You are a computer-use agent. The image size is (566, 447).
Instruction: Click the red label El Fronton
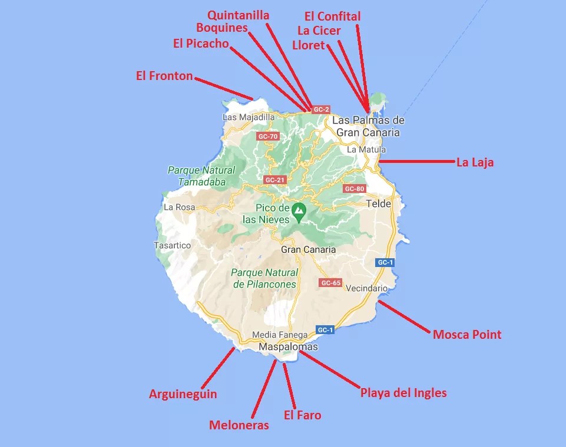pos(164,76)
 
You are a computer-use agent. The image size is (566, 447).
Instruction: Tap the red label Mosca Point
pos(467,335)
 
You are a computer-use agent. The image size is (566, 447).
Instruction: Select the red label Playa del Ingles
pos(403,392)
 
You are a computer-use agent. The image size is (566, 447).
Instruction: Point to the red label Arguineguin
pos(183,394)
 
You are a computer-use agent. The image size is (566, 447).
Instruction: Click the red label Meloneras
pos(239,425)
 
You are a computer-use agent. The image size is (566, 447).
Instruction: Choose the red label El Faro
pos(302,415)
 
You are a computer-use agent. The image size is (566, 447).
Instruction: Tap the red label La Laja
pos(475,162)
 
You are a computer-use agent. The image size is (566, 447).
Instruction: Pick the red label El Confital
pos(332,16)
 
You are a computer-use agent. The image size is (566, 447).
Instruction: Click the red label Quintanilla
pos(239,15)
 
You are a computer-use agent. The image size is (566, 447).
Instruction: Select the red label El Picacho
pos(201,44)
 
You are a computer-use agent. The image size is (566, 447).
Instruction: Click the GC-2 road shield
pos(321,109)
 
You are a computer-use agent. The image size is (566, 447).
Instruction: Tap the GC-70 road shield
pos(267,136)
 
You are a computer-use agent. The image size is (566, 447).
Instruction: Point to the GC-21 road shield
pos(274,179)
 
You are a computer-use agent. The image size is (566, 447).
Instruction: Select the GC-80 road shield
pos(355,189)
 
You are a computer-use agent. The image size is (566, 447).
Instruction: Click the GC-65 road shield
pos(331,283)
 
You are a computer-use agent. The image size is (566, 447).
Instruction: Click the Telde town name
pos(378,204)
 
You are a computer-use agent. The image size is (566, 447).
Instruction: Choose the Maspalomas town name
pos(288,346)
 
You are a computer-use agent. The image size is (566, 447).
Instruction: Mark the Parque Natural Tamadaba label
pos(201,176)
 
